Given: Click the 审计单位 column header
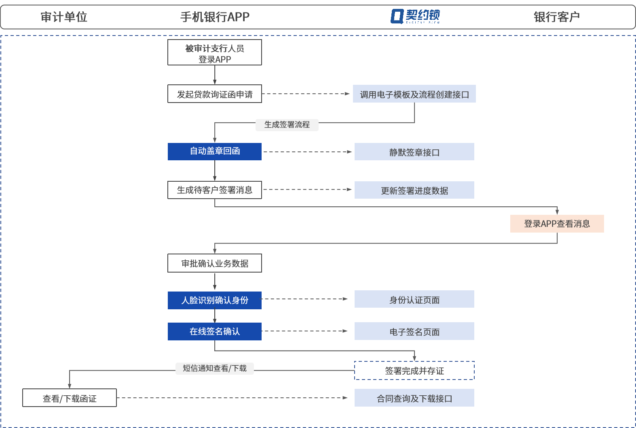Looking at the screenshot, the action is [63, 17].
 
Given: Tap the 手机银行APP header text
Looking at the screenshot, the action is [215, 17].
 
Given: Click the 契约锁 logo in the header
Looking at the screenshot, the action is [415, 17].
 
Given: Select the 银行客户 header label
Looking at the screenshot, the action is [557, 17].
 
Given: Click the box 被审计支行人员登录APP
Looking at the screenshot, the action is [215, 52].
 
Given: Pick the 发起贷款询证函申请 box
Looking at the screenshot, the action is [215, 94].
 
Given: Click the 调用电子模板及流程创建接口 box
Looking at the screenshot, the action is [414, 94].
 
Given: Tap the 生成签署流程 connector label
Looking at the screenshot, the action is [287, 125].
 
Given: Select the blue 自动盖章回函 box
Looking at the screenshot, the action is [215, 151].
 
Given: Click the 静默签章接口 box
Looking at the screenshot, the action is [414, 152].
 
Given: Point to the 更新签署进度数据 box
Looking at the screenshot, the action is [414, 190].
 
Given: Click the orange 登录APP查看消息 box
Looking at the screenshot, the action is [557, 224].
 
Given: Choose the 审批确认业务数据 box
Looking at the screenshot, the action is [215, 263].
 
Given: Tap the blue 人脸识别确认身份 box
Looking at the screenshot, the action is [215, 300].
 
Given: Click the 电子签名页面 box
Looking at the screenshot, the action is [414, 331].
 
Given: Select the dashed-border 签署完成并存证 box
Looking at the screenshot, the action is [414, 370].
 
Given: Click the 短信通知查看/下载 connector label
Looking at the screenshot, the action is [215, 368].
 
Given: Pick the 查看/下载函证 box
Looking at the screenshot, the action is [70, 398].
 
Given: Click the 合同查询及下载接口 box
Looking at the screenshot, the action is [414, 398].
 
